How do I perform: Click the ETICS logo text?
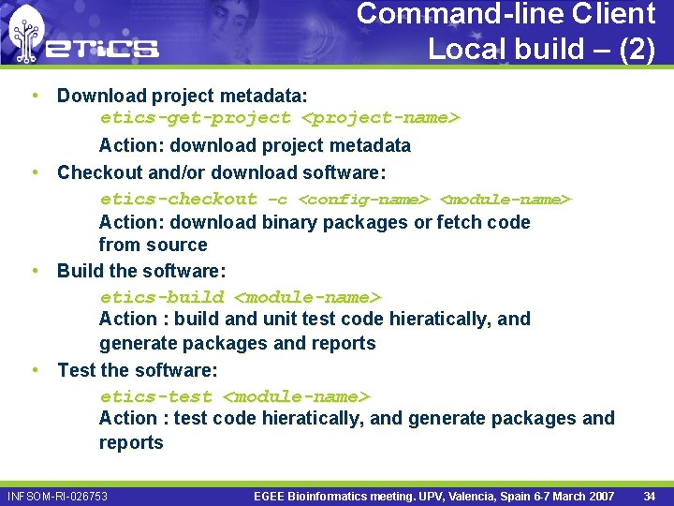click(x=103, y=48)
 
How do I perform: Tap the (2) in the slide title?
click(x=637, y=49)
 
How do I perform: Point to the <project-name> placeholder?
click(x=381, y=118)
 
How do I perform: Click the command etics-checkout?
click(x=178, y=199)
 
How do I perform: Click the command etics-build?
click(x=162, y=297)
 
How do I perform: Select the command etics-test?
click(x=156, y=396)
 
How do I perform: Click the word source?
click(x=178, y=245)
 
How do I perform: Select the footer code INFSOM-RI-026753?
click(x=57, y=496)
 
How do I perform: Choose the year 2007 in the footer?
click(x=598, y=496)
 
